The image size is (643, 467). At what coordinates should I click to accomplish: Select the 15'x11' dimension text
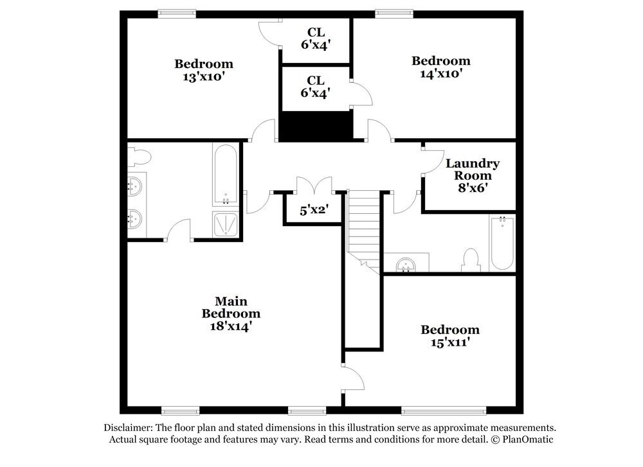coord(449,343)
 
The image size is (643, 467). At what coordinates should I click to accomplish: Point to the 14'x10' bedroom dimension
coord(440,73)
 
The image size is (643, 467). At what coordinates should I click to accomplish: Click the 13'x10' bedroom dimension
coord(203,76)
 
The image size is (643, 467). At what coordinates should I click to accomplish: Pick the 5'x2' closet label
coord(314,209)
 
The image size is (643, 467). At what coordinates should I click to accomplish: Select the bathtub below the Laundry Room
coord(502,243)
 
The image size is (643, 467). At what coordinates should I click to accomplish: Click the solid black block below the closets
coord(316,125)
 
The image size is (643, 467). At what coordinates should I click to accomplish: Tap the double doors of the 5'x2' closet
coord(314,186)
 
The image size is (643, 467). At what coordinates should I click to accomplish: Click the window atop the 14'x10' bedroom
coord(394,12)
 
